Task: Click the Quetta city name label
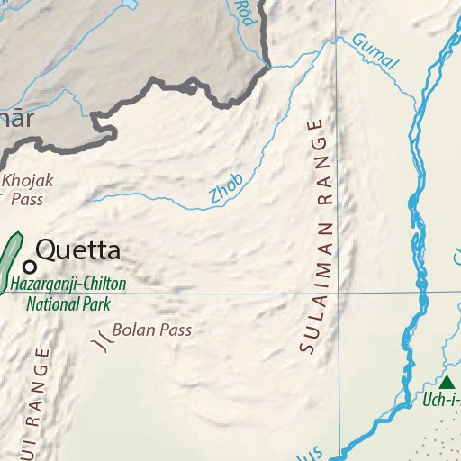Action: point(77,249)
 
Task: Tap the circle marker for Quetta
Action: point(30,266)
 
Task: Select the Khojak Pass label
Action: point(28,189)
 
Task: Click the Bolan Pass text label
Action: point(152,330)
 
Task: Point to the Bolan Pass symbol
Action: point(103,339)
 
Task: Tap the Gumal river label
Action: point(375,52)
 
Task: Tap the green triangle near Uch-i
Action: point(447,383)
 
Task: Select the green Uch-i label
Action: point(441,400)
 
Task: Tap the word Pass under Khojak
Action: point(28,199)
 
